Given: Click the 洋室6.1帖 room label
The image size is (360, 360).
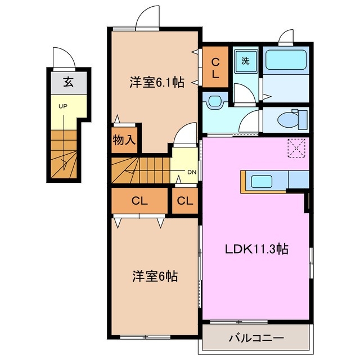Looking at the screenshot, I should click(x=157, y=82).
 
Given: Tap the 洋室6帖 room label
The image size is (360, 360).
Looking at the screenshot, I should click(x=155, y=276).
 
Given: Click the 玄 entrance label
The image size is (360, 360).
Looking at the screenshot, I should click(x=67, y=83).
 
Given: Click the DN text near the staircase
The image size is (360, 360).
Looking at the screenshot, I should click(x=191, y=173).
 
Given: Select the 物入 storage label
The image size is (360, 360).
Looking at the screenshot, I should click(x=124, y=140).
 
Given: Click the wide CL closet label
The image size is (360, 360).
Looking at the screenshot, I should click(x=139, y=201).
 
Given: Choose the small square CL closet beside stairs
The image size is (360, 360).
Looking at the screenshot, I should click(x=184, y=201).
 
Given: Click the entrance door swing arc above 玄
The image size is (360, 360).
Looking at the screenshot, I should click(x=62, y=57).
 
